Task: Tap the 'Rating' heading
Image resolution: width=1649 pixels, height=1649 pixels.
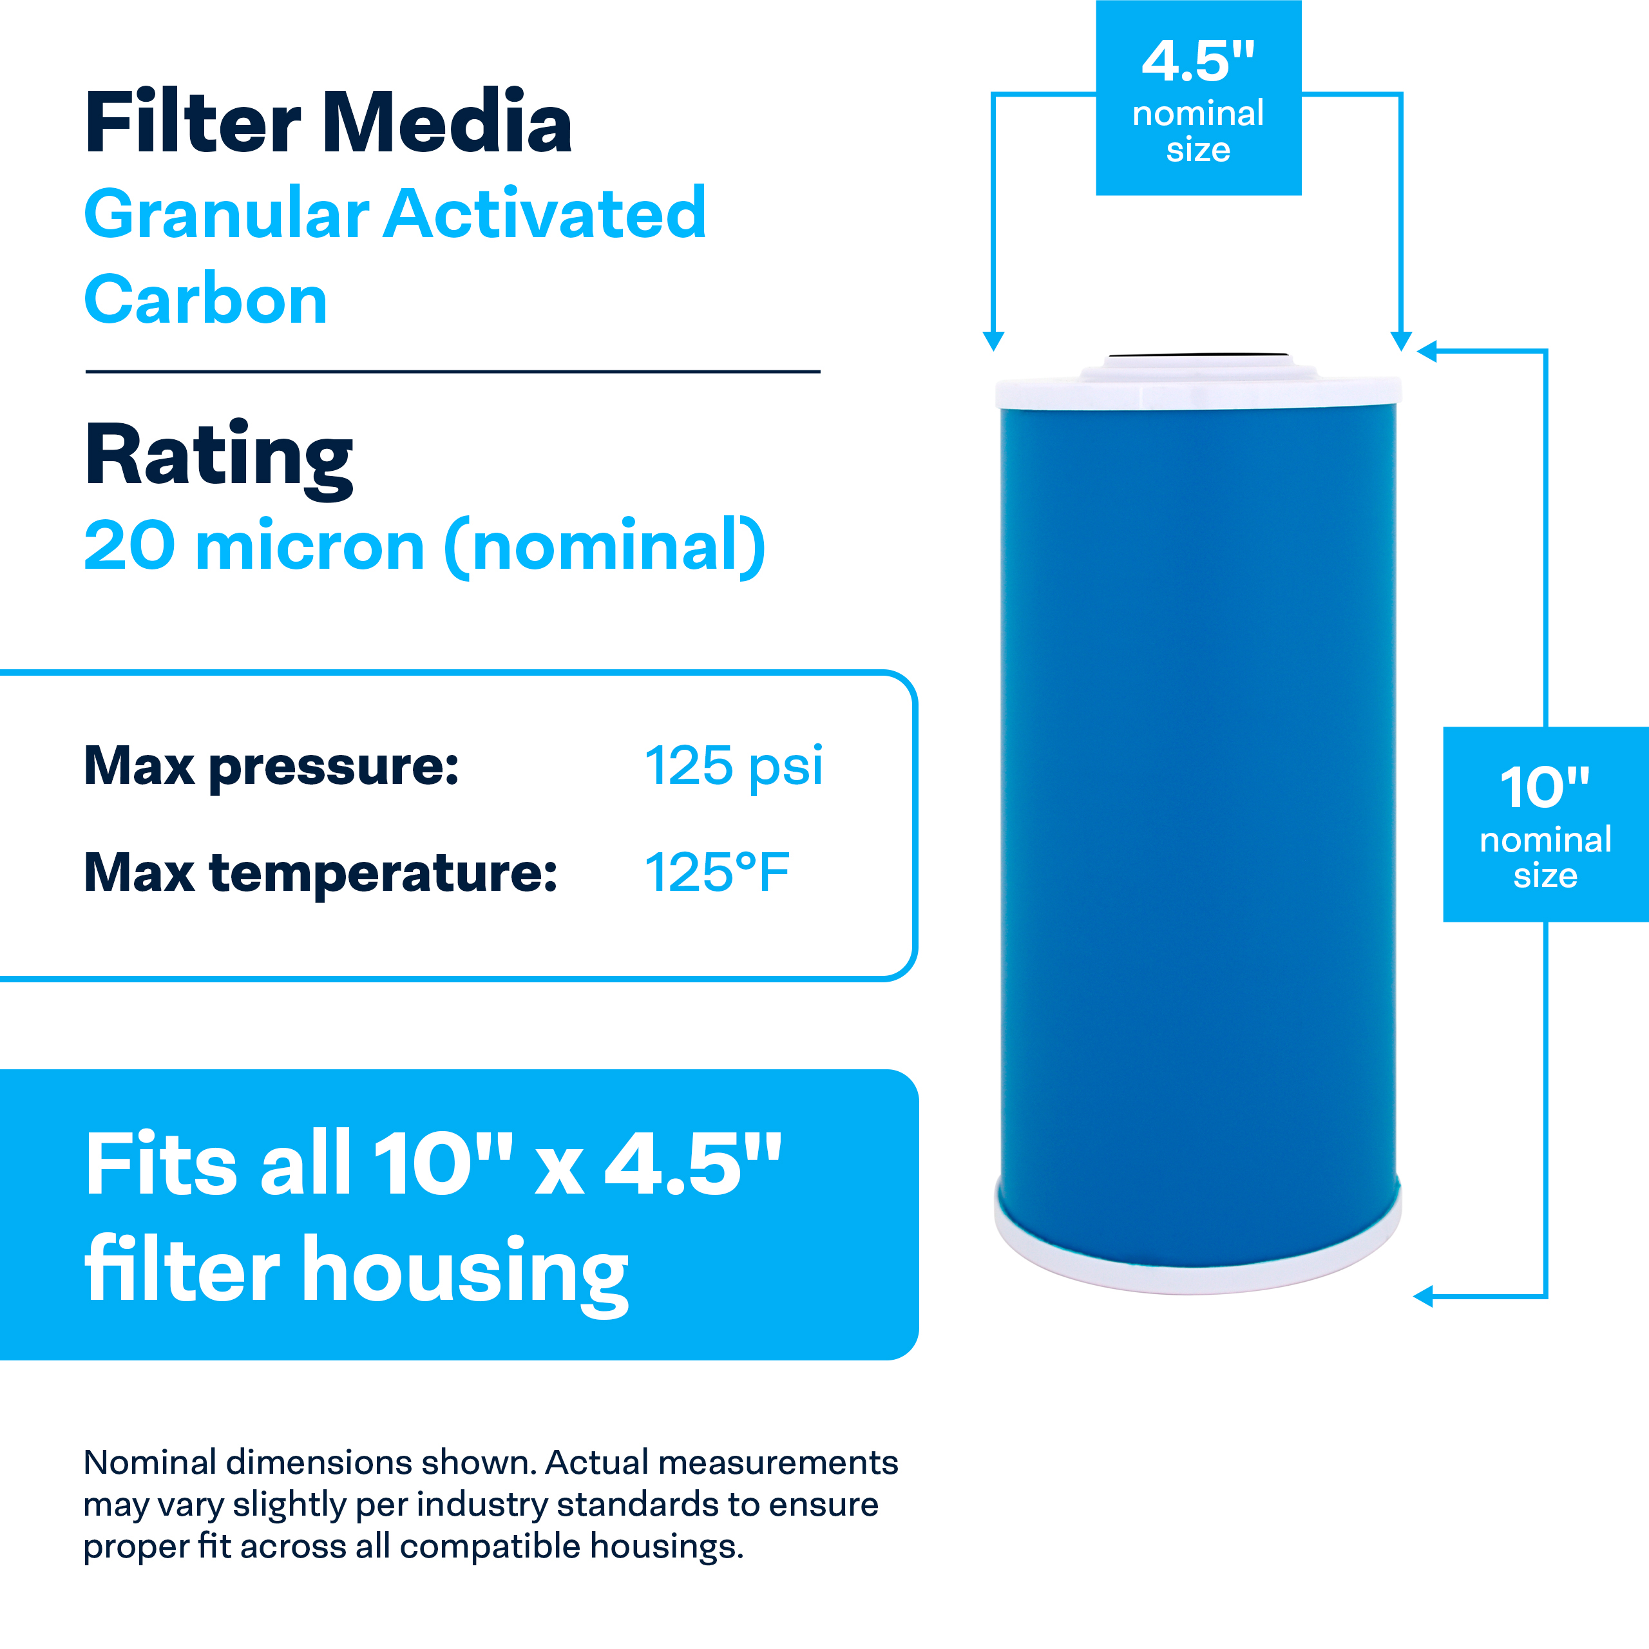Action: click(218, 456)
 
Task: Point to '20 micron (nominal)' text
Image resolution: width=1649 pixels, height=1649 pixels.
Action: click(424, 546)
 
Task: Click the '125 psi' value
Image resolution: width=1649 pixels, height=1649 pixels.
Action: click(733, 766)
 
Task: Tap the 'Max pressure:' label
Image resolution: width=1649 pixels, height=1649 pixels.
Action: click(271, 766)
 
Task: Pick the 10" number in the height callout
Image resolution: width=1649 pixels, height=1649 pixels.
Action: click(1544, 787)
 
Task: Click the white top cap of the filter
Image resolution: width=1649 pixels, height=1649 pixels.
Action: click(1197, 391)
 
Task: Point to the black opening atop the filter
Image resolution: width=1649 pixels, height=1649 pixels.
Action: click(1197, 355)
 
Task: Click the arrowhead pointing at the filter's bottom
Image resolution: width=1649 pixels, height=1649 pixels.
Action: click(1424, 1297)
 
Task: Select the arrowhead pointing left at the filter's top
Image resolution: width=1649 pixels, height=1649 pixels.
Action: click(1427, 351)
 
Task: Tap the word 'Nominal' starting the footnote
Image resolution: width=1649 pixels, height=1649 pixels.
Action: click(149, 1462)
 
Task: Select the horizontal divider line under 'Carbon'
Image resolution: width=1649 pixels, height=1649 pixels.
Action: click(452, 371)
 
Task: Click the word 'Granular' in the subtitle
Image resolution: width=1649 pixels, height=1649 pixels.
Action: click(226, 213)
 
